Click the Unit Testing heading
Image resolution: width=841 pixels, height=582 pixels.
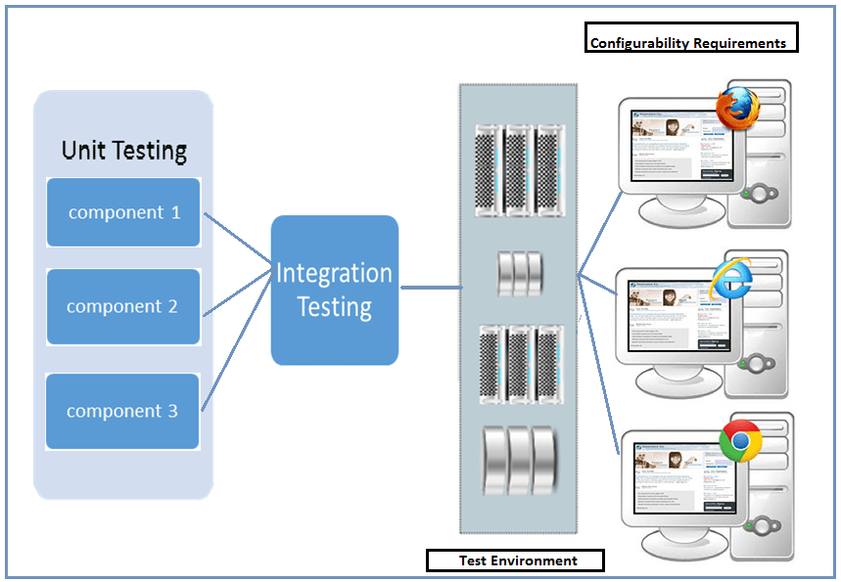tap(124, 150)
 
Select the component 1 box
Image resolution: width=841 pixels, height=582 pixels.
tap(123, 211)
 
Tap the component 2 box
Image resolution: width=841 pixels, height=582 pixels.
tap(123, 306)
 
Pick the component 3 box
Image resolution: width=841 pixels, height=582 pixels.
tap(123, 411)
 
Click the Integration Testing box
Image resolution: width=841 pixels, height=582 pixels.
tap(335, 290)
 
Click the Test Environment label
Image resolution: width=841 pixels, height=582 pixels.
tap(517, 560)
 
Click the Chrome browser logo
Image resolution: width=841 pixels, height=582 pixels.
tap(741, 443)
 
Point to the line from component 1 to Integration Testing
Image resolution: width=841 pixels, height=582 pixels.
tap(237, 237)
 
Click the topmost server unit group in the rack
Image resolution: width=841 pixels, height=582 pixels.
tap(519, 171)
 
